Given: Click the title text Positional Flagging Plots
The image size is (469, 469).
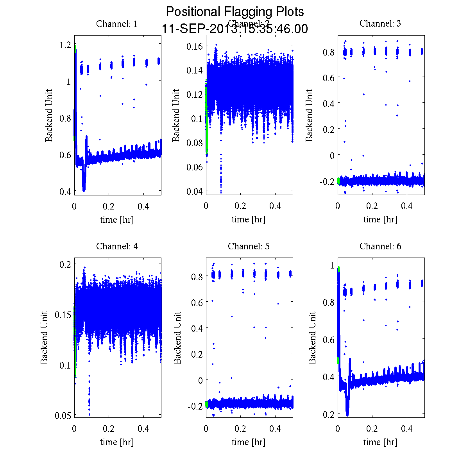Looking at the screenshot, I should [x=235, y=12].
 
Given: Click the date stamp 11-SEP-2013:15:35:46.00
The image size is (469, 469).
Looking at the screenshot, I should [x=235, y=29].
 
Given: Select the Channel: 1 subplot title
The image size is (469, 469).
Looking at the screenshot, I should [x=117, y=24].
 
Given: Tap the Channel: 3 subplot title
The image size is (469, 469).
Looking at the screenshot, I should [x=380, y=23].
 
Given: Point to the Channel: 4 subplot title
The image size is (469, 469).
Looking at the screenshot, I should [x=117, y=246].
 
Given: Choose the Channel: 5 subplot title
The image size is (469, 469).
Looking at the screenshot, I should [x=249, y=246].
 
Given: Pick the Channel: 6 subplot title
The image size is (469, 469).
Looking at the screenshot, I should [x=380, y=246].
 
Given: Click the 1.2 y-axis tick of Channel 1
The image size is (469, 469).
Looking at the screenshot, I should [x=66, y=45].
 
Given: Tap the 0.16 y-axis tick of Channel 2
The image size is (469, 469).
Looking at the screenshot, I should [x=194, y=46].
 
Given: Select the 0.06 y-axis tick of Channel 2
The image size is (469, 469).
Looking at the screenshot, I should [x=194, y=167].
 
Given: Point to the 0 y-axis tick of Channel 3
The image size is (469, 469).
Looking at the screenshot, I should [x=332, y=155].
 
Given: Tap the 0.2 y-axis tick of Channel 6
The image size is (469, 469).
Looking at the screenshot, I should [x=329, y=414].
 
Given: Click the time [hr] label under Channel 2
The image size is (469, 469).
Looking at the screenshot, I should [x=249, y=219].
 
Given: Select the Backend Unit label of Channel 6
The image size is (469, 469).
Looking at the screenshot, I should [x=312, y=338].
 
